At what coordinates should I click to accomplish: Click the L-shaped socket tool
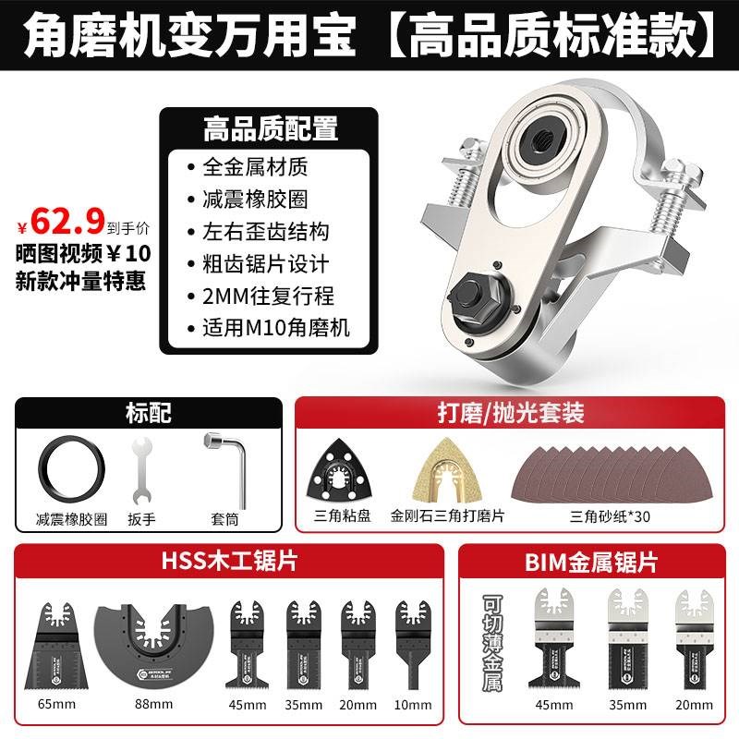coord(221,470)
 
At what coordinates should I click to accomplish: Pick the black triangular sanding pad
coord(339,471)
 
